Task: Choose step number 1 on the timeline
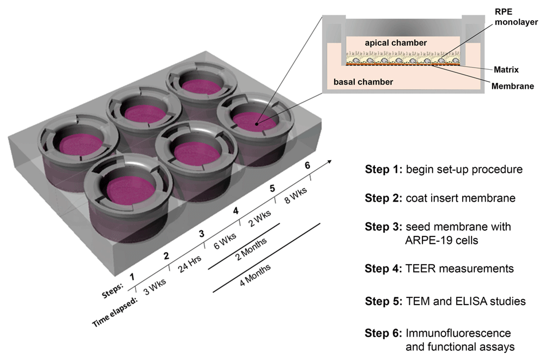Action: point(132,277)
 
